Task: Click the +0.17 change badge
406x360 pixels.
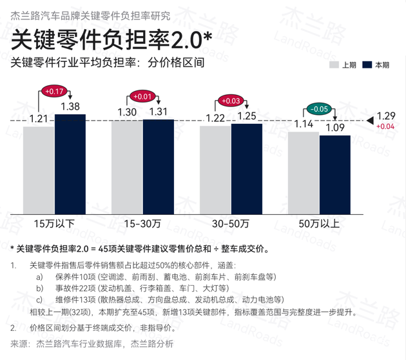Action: click(55, 92)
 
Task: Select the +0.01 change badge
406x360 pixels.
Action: click(142, 97)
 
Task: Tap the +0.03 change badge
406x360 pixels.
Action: click(231, 101)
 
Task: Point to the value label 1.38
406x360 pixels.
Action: click(70, 106)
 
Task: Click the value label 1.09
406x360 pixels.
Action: click(335, 128)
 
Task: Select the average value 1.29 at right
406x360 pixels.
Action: click(385, 116)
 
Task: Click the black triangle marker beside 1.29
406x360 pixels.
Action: click(370, 120)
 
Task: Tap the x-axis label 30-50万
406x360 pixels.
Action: click(231, 223)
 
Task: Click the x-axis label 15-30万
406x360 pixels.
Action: click(142, 223)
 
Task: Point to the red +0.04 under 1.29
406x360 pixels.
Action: click(385, 126)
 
